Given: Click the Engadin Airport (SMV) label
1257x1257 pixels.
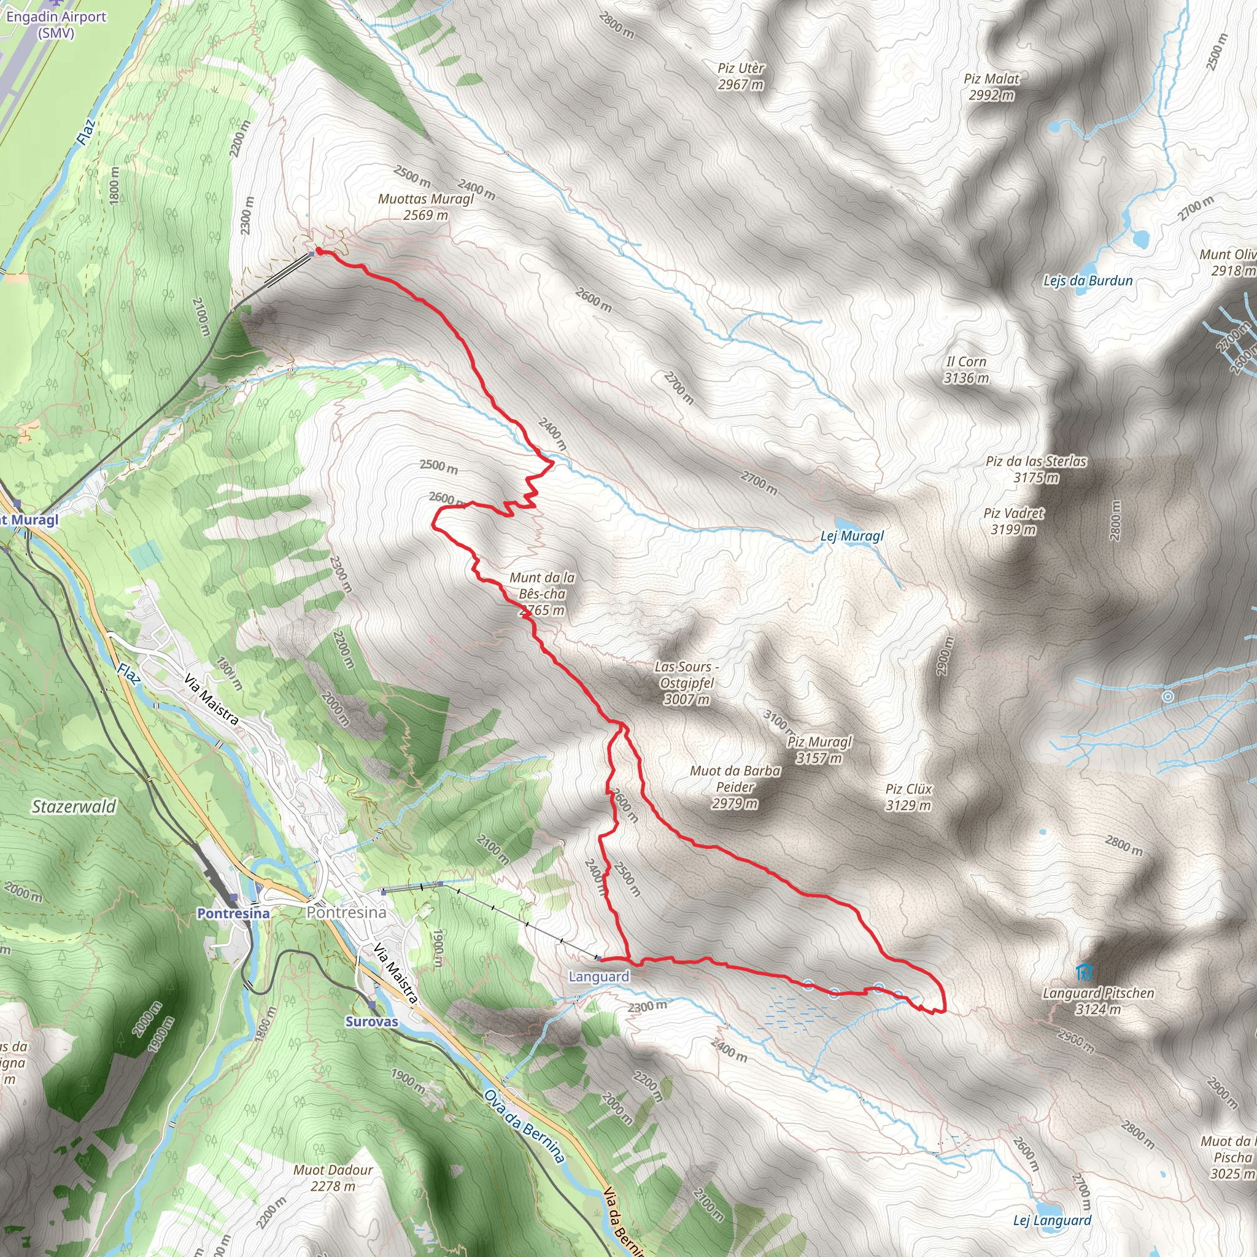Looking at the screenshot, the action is pyautogui.click(x=56, y=24).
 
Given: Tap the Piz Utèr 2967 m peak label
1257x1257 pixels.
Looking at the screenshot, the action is pyautogui.click(x=741, y=76).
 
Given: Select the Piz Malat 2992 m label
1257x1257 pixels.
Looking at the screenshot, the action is pyautogui.click(x=992, y=87).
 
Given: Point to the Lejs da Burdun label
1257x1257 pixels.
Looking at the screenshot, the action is pyautogui.click(x=1088, y=280).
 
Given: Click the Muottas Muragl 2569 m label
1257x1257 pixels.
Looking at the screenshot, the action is pyautogui.click(x=426, y=206).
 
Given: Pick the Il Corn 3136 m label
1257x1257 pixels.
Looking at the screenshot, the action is pyautogui.click(x=966, y=369).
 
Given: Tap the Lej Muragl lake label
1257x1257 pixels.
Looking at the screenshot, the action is pyautogui.click(x=853, y=536).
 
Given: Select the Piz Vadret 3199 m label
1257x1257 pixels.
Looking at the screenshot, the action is pyautogui.click(x=1014, y=521).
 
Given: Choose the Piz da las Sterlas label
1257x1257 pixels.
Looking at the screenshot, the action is pyautogui.click(x=1037, y=462).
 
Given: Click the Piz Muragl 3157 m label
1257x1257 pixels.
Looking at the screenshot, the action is pyautogui.click(x=819, y=749).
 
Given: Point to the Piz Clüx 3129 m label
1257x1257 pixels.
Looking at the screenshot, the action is pyautogui.click(x=908, y=797).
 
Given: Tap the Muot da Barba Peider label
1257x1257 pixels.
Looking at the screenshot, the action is pyautogui.click(x=735, y=787).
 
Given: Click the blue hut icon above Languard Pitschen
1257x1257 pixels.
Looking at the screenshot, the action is pyautogui.click(x=1083, y=972).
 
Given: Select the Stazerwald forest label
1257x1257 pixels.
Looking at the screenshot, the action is pyautogui.click(x=74, y=806).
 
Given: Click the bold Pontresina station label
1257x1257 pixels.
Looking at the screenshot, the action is pyautogui.click(x=233, y=913).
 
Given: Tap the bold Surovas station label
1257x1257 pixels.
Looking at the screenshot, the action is pyautogui.click(x=371, y=1021).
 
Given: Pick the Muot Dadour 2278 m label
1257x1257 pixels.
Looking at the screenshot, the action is pyautogui.click(x=333, y=1178).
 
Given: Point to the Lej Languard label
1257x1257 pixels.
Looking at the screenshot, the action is pyautogui.click(x=1052, y=1221).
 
